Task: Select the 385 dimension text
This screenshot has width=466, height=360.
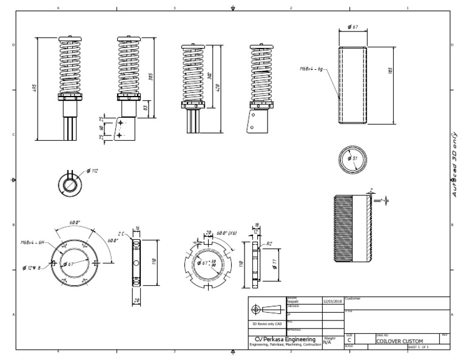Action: pyautogui.click(x=150, y=76)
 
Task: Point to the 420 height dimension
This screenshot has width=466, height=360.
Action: pyautogui.click(x=217, y=88)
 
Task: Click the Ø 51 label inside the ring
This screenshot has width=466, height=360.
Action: pyautogui.click(x=353, y=158)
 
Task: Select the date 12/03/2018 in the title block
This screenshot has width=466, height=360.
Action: pyautogui.click(x=333, y=301)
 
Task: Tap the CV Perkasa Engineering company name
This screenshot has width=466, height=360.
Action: pyautogui.click(x=285, y=339)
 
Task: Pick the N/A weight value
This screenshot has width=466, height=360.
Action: pyautogui.click(x=327, y=342)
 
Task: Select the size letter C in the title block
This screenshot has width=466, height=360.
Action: pyautogui.click(x=349, y=341)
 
